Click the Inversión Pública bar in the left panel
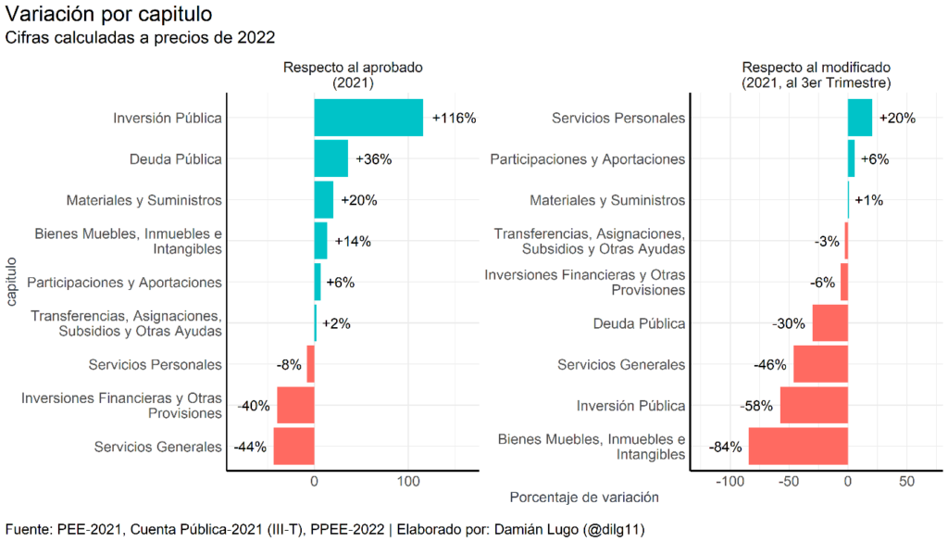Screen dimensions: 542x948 point(368,118)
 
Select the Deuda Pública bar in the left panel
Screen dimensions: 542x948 point(331,158)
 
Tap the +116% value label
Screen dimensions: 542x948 point(453,118)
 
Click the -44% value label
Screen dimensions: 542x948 point(250,447)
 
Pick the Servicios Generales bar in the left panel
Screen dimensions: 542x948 point(293,447)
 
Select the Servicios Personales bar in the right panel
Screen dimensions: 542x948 point(860,118)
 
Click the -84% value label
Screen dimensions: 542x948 point(726,447)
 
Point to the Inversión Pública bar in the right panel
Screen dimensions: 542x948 point(814,406)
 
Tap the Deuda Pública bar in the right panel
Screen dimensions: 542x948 point(830,323)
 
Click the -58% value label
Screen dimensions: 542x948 point(757,406)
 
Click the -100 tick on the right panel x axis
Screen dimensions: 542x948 point(730,482)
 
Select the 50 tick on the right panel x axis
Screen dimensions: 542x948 point(907,482)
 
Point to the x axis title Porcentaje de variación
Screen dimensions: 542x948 point(584,498)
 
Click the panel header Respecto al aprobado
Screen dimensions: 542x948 point(353,68)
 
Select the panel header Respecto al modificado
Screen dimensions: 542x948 point(816,68)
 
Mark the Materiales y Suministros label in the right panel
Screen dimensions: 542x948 point(607,200)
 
